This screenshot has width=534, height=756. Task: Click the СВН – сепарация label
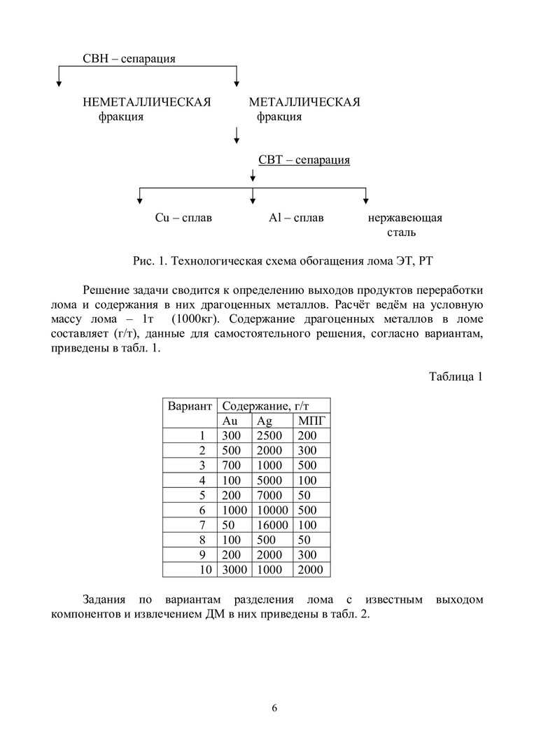pos(129,58)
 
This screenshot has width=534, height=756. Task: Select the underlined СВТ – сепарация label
pos(304,160)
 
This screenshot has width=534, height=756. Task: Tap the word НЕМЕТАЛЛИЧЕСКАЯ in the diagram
pos(147,103)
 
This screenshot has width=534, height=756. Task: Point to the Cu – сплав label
pos(183,218)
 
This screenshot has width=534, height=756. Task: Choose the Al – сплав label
pos(296,218)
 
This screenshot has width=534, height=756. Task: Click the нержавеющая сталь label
pos(405,224)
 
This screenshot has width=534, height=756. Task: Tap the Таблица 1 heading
pos(456,377)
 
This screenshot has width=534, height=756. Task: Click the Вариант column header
pos(189,405)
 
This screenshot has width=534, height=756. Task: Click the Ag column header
pos(265,421)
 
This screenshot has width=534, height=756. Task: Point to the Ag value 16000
pos(272,525)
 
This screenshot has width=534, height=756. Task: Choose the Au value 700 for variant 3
pos(232,465)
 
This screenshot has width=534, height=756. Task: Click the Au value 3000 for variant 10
pos(235,570)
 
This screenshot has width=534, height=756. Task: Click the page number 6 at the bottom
pos(274,708)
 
